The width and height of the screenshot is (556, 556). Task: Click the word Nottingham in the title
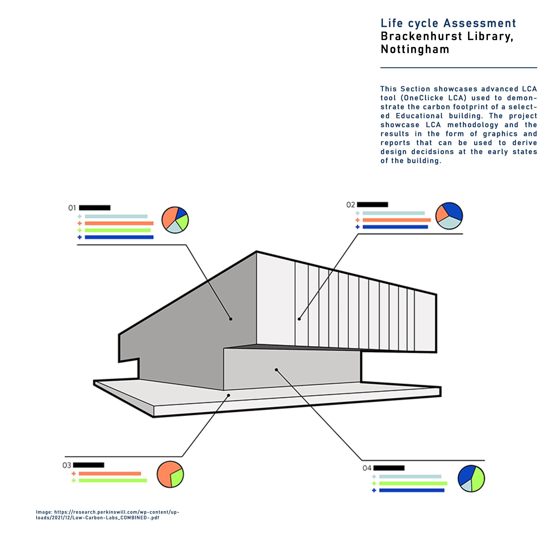(x=415, y=49)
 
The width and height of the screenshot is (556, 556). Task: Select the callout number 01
(x=72, y=208)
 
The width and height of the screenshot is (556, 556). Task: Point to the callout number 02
(x=350, y=205)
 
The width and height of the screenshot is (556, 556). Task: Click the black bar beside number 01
(x=95, y=208)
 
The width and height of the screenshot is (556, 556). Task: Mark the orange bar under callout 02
(x=396, y=220)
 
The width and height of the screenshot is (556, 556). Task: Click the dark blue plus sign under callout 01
(x=80, y=237)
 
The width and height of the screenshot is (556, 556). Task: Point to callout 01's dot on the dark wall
(x=230, y=319)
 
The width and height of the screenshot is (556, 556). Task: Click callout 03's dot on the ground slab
(x=228, y=395)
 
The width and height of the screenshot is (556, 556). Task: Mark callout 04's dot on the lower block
(x=276, y=369)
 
